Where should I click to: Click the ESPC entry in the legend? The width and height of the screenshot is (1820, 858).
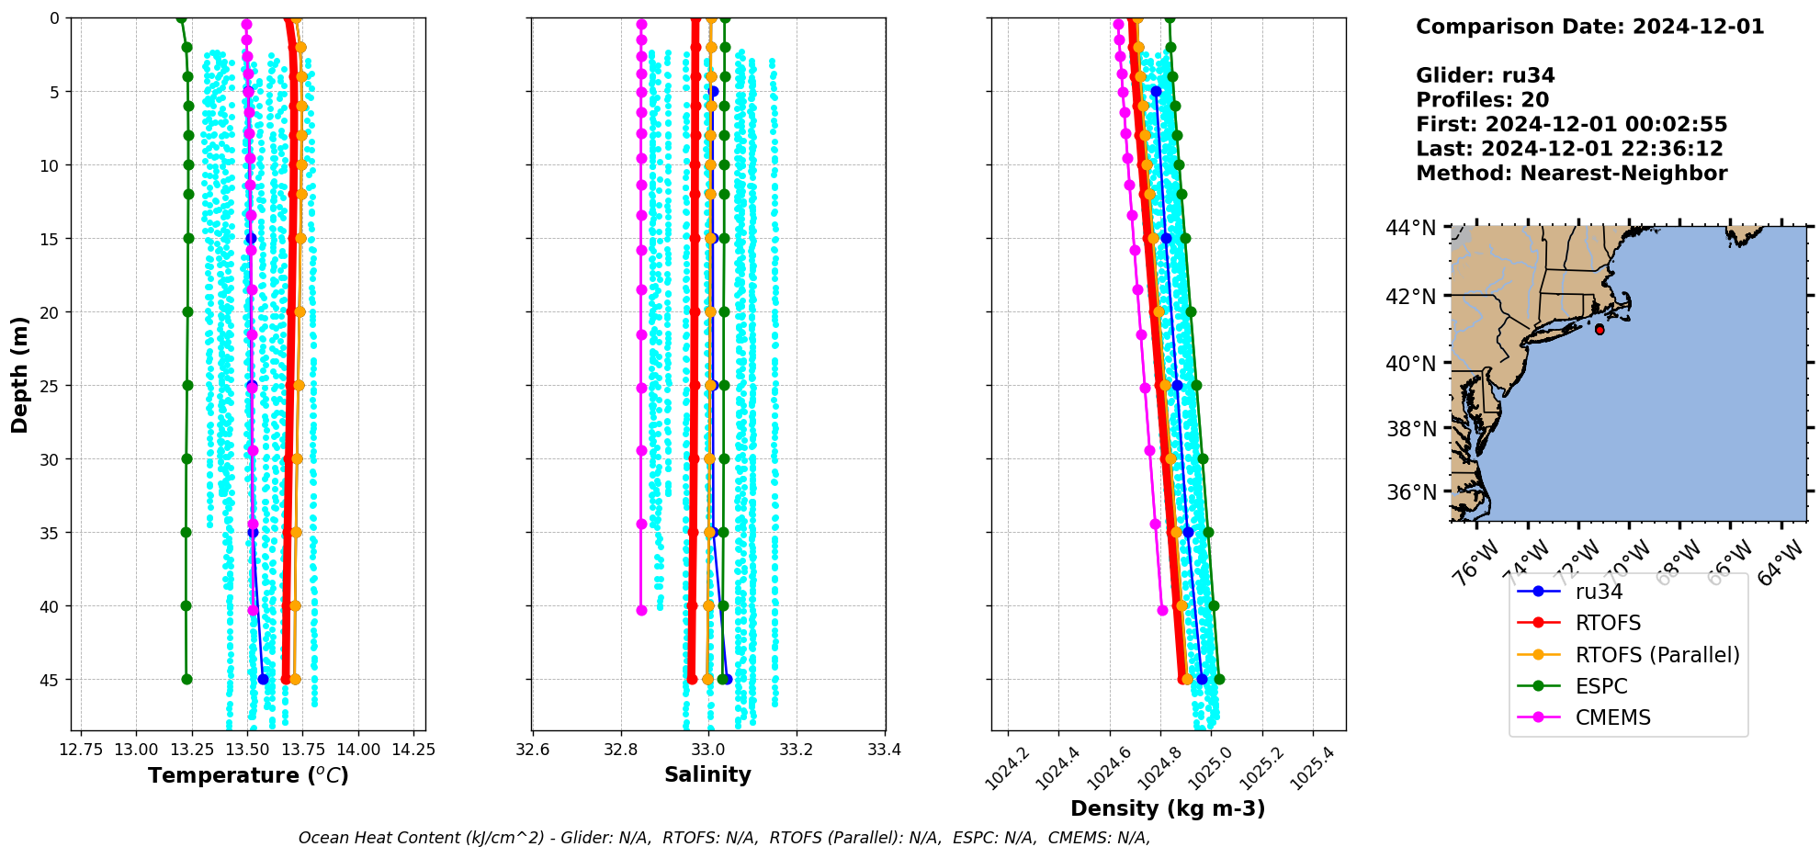1600,686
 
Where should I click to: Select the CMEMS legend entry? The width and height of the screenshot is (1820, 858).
1612,717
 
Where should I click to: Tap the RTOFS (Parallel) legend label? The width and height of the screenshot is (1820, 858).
1656,655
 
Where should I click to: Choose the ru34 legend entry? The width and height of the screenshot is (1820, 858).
1599,592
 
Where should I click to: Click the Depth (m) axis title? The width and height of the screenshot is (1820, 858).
20,374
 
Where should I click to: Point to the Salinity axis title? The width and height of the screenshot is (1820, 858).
707,774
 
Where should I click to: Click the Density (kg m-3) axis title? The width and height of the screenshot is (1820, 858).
1168,808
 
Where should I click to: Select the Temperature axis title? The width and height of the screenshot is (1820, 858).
248,775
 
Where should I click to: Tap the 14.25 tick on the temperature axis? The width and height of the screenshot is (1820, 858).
413,750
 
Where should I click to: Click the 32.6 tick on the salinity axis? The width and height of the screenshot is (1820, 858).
532,750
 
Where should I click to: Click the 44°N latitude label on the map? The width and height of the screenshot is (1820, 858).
1410,228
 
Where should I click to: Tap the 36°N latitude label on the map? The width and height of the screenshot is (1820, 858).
1410,492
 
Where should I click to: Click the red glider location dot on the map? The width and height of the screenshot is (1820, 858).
1600,330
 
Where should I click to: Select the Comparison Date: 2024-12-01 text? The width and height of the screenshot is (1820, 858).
1589,27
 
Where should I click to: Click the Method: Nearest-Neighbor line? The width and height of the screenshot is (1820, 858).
1571,174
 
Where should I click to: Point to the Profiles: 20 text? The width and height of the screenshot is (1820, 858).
1482,100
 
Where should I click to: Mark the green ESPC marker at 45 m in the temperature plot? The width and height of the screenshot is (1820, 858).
187,680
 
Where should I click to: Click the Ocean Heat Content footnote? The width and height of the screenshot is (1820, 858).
724,838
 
